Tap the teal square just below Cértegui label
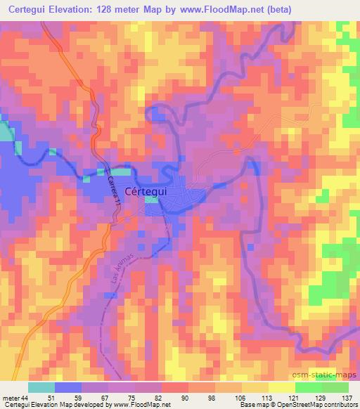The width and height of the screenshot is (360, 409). point(152,200)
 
